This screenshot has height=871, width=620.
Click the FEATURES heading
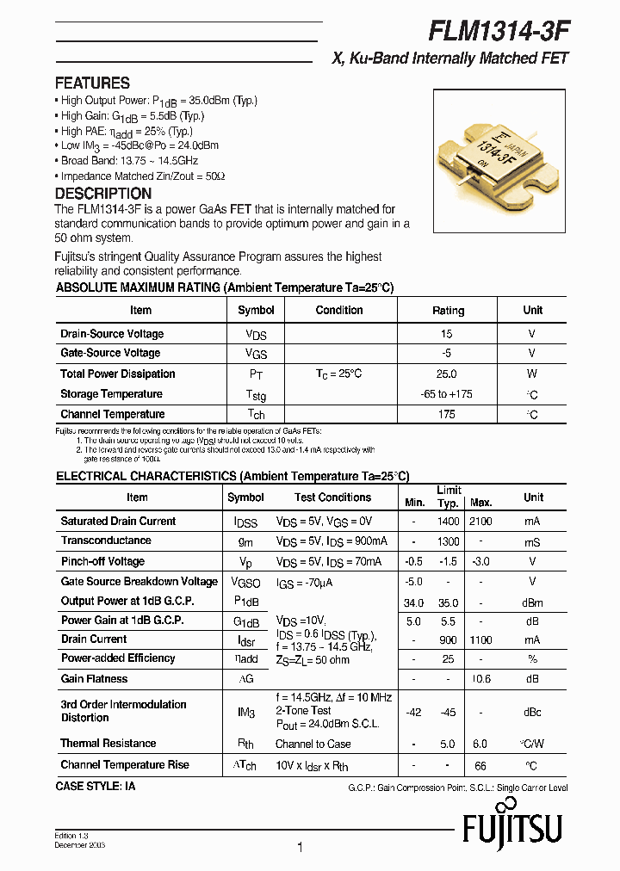92,83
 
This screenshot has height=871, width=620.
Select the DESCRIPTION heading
102,194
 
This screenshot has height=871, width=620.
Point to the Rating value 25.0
447,374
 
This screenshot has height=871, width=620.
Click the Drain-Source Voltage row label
112,334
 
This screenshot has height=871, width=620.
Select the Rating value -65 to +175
447,394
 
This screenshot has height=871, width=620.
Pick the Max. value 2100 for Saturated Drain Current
480,522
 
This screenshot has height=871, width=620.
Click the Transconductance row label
106,541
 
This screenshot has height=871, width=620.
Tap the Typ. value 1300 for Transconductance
448,541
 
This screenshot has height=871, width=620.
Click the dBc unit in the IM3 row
533,712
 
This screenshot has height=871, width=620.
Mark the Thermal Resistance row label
108,744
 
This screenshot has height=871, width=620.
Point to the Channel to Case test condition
313,744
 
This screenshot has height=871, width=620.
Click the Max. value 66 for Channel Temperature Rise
480,765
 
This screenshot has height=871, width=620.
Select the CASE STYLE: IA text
96,787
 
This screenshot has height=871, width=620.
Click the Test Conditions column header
332,497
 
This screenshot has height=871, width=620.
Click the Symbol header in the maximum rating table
256,311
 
